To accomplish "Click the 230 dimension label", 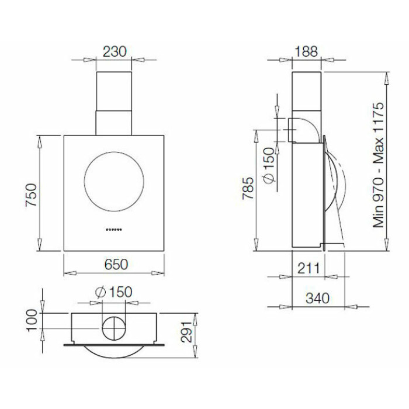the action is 115,51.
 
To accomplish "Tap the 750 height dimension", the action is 32,195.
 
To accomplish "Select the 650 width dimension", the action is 116,264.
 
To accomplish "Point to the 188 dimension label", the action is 306,51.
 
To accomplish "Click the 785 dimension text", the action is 248,188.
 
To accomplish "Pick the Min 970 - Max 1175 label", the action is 379,165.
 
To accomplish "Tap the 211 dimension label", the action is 309,268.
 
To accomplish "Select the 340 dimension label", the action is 317,298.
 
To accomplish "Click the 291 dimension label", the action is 187,332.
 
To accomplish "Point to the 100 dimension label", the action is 32,320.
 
